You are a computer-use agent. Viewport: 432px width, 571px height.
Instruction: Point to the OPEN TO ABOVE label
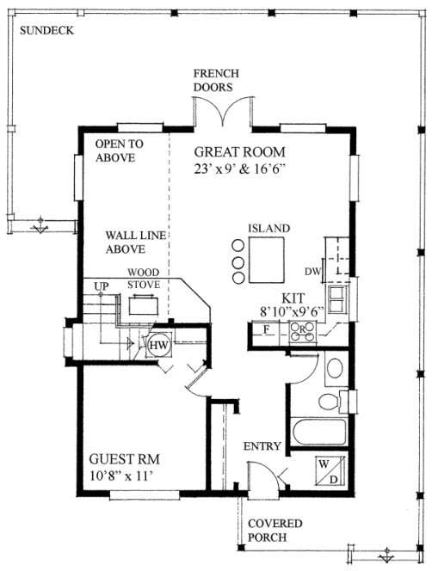click(120, 150)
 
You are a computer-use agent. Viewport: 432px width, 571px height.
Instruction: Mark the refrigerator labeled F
click(267, 329)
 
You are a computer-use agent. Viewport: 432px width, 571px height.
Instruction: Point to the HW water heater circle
click(158, 345)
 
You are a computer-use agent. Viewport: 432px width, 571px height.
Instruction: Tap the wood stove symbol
click(143, 304)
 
